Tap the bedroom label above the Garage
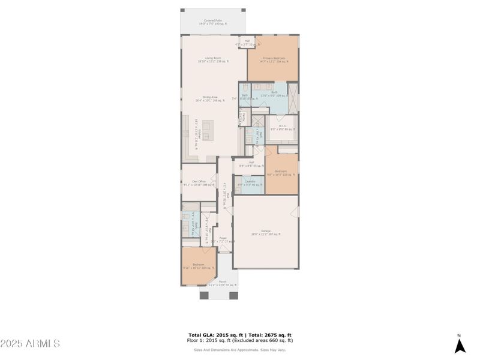pyautogui.click(x=281, y=172)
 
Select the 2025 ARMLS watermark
pyautogui.click(x=30, y=344)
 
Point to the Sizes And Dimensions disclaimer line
pyautogui.click(x=239, y=350)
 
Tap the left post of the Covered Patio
pyautogui.click(x=182, y=10)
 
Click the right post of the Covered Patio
pyautogui.click(x=244, y=10)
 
